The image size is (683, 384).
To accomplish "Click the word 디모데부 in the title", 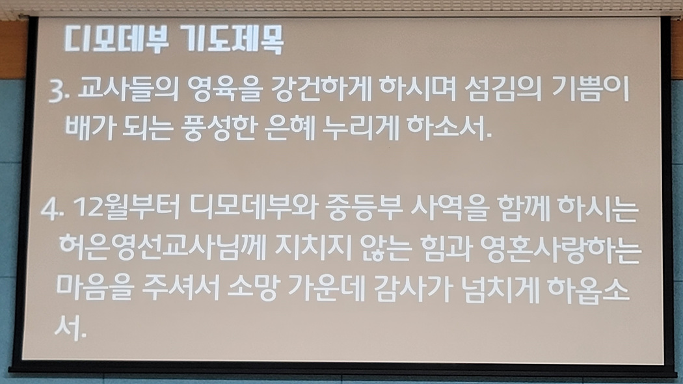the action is click(116, 40).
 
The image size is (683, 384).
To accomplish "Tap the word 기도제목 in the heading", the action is click(232, 40).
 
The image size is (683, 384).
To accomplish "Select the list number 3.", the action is click(59, 92).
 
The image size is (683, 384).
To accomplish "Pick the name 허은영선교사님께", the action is click(162, 248).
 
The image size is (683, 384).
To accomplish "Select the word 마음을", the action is click(94, 287).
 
